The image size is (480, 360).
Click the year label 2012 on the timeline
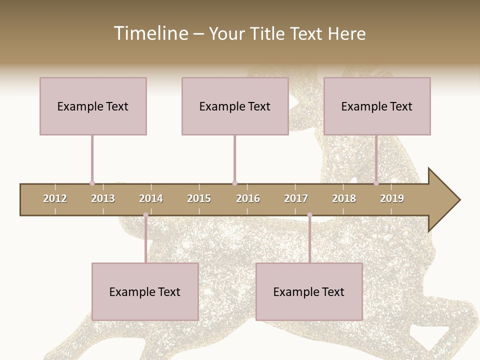[x=55, y=198]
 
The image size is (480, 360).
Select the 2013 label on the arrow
[x=103, y=198]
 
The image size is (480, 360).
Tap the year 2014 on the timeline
[x=151, y=198]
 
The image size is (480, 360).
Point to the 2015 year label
[x=199, y=198]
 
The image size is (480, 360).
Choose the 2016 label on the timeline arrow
[x=248, y=198]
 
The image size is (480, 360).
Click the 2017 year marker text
[x=296, y=198]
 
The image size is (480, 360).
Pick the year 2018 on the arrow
[x=344, y=198]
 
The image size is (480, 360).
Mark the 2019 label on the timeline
[x=392, y=198]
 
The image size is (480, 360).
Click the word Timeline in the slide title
[x=149, y=33]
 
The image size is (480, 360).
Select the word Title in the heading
[x=269, y=33]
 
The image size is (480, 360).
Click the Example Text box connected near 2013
[x=93, y=106]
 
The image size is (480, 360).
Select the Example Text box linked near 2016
[x=235, y=106]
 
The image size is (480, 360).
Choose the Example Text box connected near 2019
[x=377, y=106]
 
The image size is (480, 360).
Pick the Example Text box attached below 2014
[x=145, y=291]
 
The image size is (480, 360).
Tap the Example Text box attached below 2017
[x=309, y=291]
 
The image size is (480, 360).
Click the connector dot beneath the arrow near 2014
[x=145, y=215]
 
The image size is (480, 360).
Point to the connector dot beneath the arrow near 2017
[x=309, y=215]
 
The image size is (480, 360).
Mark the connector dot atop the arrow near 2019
[x=376, y=183]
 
